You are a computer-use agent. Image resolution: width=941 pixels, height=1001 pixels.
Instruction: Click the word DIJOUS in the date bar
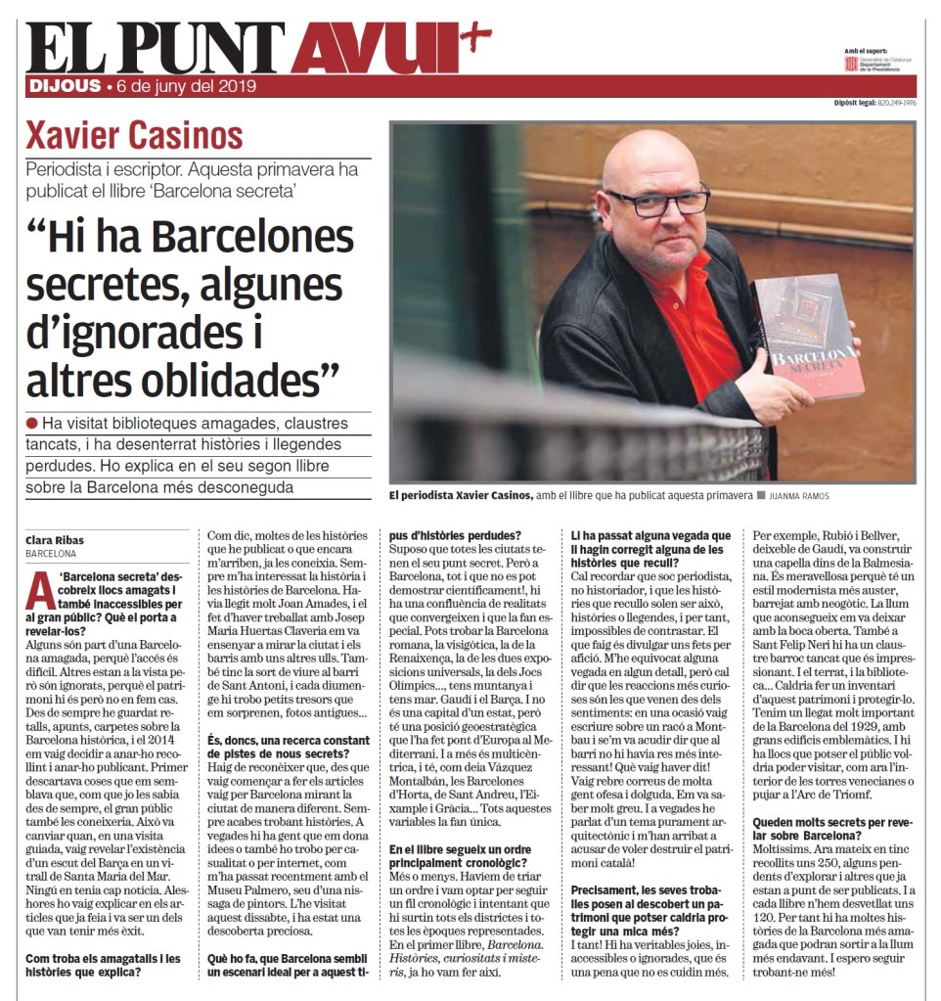click(65, 86)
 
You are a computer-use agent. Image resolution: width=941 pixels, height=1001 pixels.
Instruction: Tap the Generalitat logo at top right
click(851, 63)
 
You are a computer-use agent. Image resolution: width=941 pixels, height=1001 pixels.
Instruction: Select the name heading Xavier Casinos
click(134, 136)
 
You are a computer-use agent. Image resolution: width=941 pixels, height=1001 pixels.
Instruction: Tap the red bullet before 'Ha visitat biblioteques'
click(32, 423)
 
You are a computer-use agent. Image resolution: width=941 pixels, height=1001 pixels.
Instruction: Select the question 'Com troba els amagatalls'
click(103, 966)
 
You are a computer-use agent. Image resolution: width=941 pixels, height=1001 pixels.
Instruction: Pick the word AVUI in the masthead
click(374, 49)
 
